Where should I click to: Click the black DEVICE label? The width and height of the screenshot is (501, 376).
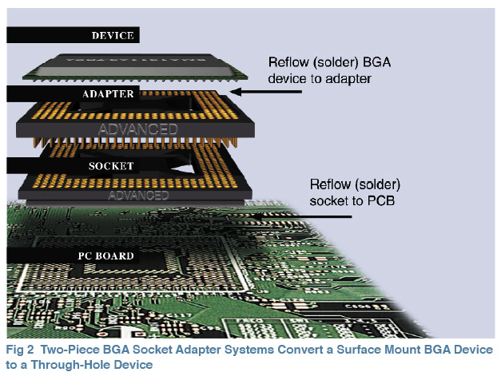(x=72, y=35)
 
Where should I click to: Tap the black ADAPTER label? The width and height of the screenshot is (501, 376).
(x=72, y=94)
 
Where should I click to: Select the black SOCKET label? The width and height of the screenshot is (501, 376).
(x=72, y=167)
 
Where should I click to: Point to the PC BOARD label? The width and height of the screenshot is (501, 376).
(x=72, y=256)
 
